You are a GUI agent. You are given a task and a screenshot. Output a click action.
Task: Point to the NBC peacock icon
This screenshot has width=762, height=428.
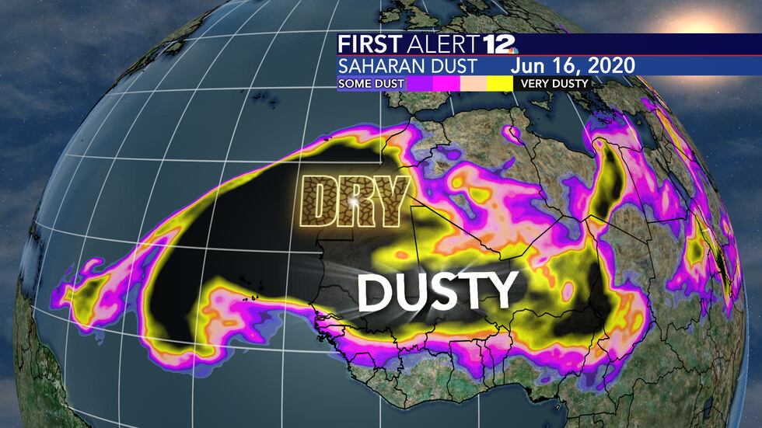coord(514,49)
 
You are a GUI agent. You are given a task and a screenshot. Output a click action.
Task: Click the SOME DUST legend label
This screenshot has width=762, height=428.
coord(370,82)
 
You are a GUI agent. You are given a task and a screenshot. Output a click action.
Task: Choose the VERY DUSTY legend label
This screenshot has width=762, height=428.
coord(554,82)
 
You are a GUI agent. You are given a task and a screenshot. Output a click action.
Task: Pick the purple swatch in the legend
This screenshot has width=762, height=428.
coord(421,82)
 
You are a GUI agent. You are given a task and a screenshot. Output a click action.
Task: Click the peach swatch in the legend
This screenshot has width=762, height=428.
coord(474,82)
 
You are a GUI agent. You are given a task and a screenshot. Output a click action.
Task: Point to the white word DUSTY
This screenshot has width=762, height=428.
coord(438,291)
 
